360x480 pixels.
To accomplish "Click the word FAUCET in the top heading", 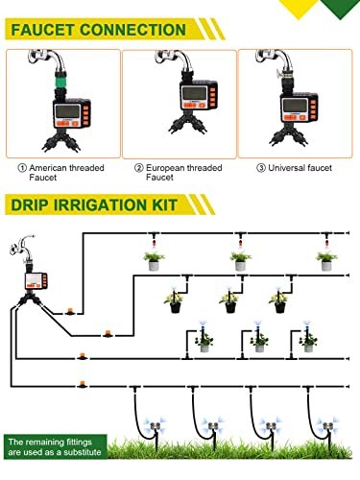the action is pyautogui.click(x=42, y=30).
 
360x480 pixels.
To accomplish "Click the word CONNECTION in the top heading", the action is pyautogui.click(x=132, y=30).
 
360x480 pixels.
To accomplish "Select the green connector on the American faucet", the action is pyautogui.click(x=60, y=84).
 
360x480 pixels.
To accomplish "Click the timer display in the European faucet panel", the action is pyautogui.click(x=194, y=94).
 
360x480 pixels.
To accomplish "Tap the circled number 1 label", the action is pyautogui.click(x=22, y=168).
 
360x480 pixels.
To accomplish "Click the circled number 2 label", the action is pyautogui.click(x=139, y=168).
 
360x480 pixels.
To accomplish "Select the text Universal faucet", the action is pyautogui.click(x=300, y=168).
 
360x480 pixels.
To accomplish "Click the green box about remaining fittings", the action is pyautogui.click(x=55, y=446).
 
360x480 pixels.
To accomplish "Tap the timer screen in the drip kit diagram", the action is pyautogui.click(x=34, y=281).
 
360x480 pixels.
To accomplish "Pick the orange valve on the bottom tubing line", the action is pyautogui.click(x=83, y=385).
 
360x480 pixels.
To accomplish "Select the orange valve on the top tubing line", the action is pyautogui.click(x=69, y=311).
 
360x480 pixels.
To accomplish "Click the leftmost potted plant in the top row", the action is pyautogui.click(x=154, y=261).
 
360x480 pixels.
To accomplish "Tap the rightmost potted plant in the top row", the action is pyautogui.click(x=326, y=261).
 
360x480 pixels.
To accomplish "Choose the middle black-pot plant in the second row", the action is pyautogui.click(x=229, y=302).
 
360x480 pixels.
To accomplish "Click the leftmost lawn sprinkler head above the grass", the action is pyautogui.click(x=156, y=426).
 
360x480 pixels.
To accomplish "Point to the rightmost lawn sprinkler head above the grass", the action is pyautogui.click(x=328, y=426).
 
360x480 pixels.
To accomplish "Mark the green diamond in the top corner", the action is pyautogui.click(x=340, y=9).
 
